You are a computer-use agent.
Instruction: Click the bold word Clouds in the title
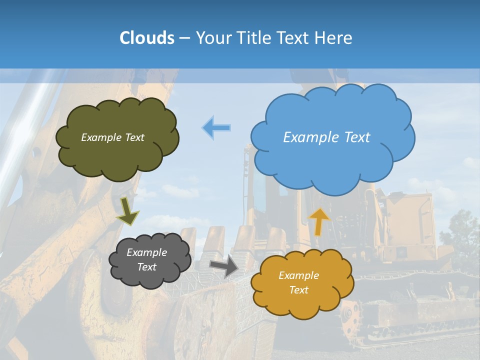(146, 37)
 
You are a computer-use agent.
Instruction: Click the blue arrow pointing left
(216, 127)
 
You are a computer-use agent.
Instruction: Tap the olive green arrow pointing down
(128, 210)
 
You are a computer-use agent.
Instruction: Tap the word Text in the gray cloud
(147, 267)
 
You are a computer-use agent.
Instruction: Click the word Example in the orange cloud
(298, 275)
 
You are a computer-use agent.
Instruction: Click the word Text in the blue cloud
(356, 137)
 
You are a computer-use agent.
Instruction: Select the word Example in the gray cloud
(147, 252)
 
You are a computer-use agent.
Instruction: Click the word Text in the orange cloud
(298, 290)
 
